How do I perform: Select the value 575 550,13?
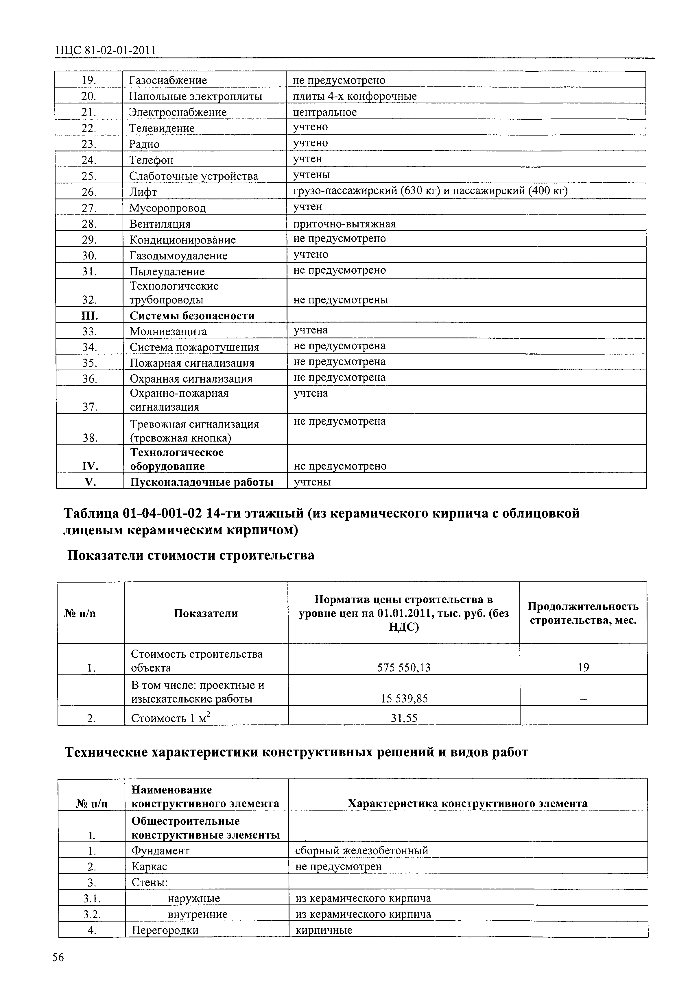(403, 668)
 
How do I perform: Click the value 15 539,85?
(404, 698)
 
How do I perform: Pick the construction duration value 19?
(583, 668)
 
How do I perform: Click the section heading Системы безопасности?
(192, 316)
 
